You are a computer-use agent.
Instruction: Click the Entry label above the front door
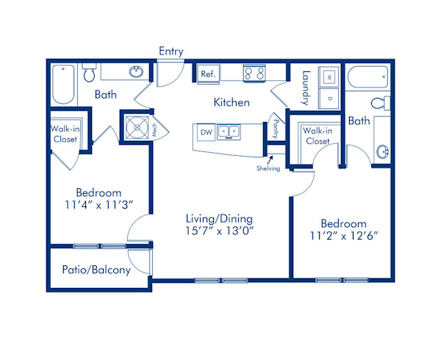[x=171, y=51]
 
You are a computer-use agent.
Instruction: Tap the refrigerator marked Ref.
[x=209, y=74]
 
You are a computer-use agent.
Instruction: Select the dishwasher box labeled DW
[x=207, y=132]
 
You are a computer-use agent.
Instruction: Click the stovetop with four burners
[x=254, y=73]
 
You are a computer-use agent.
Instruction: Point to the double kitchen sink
[x=229, y=132]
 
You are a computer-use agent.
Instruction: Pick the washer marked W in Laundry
[x=329, y=76]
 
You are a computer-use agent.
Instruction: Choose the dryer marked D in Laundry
[x=329, y=98]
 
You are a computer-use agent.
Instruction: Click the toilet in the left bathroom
[x=89, y=73]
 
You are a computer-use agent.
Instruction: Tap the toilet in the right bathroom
[x=381, y=103]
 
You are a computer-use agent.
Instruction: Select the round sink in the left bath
[x=137, y=72]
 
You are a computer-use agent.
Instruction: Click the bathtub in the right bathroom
[x=368, y=76]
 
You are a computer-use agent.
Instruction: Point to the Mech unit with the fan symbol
[x=137, y=128]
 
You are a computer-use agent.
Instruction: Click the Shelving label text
[x=268, y=168]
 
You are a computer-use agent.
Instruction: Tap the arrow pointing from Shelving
[x=270, y=160]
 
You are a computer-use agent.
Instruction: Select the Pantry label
[x=276, y=129]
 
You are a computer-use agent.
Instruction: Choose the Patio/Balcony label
[x=96, y=270]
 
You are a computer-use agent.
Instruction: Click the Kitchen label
[x=232, y=102]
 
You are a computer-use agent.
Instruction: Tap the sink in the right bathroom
[x=382, y=152]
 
